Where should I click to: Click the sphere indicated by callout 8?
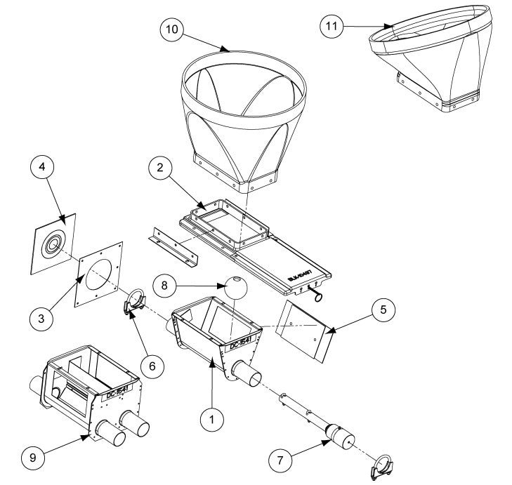tap(235, 287)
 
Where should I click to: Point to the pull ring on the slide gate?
tap(321, 298)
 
